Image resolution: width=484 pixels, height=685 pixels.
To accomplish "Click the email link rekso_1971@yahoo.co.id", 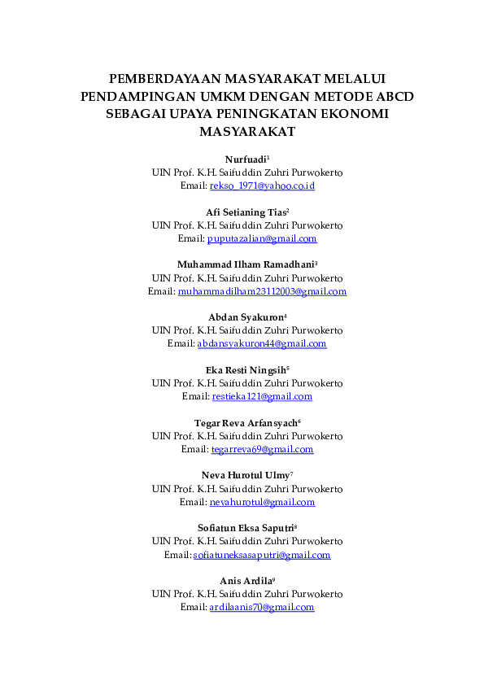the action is click(x=262, y=186).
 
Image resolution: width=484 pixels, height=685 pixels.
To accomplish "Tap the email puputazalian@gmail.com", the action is click(x=262, y=239).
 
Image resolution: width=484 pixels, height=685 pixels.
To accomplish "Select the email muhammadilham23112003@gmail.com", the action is click(x=262, y=291).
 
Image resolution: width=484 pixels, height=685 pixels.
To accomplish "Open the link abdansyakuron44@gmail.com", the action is click(x=262, y=344).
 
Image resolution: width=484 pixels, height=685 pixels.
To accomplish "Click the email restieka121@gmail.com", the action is click(x=262, y=397).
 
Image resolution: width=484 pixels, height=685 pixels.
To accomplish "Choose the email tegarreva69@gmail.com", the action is click(x=262, y=450).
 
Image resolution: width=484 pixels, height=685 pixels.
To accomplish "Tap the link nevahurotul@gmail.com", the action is click(x=262, y=502).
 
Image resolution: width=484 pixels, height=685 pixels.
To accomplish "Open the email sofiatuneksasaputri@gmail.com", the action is click(x=262, y=555).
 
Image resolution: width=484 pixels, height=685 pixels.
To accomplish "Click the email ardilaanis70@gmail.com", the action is click(x=262, y=608).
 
